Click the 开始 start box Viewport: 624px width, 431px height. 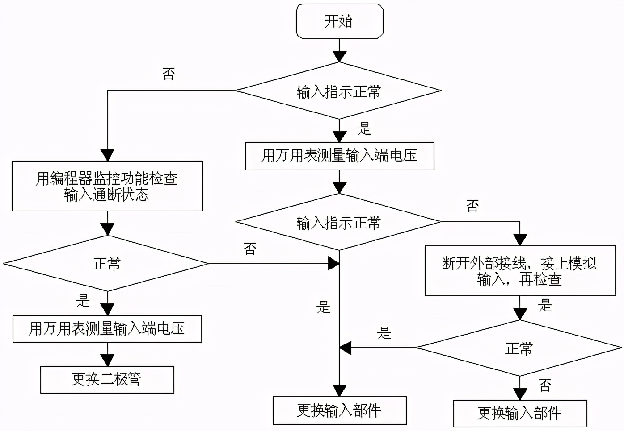click(x=339, y=21)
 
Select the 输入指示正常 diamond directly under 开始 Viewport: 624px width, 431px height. click(x=339, y=91)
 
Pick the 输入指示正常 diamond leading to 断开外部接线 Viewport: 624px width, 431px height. click(x=338, y=222)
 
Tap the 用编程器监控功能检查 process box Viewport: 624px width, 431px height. click(x=107, y=186)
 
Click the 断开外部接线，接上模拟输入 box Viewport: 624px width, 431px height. click(x=520, y=271)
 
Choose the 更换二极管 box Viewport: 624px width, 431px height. click(x=107, y=380)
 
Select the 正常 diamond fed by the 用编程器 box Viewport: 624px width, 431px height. click(x=106, y=264)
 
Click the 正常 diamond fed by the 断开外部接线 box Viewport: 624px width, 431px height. click(x=519, y=348)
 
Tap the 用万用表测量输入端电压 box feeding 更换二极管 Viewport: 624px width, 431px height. click(x=107, y=329)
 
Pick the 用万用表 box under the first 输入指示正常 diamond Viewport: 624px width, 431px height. click(x=339, y=156)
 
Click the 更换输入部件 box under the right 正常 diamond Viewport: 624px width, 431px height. click(x=520, y=414)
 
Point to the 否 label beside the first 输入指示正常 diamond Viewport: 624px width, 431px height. click(x=169, y=74)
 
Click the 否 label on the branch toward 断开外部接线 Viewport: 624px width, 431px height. click(x=472, y=206)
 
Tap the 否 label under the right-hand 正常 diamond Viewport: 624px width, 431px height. click(x=545, y=385)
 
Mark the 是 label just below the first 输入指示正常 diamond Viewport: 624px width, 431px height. click(x=364, y=129)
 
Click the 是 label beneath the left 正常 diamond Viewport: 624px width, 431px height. click(x=83, y=301)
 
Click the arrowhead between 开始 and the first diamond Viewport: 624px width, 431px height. click(x=340, y=57)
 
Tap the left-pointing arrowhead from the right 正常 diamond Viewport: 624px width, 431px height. click(x=346, y=348)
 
